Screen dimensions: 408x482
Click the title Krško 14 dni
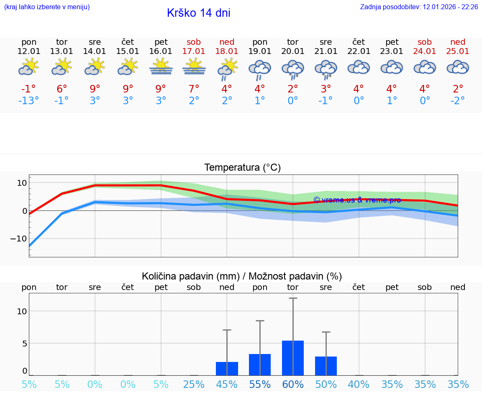click(x=198, y=13)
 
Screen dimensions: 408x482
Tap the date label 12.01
click(x=29, y=51)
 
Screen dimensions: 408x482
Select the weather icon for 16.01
click(x=161, y=67)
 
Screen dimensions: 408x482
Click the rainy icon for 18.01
click(x=227, y=69)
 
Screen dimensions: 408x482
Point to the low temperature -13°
click(x=28, y=101)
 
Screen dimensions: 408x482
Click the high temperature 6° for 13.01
click(x=62, y=89)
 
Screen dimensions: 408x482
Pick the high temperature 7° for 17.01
click(x=194, y=89)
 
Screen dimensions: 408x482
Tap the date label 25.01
click(x=458, y=51)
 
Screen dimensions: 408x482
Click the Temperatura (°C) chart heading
click(x=242, y=168)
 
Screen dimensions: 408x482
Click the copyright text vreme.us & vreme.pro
click(x=357, y=200)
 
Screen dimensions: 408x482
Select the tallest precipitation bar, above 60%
click(x=293, y=358)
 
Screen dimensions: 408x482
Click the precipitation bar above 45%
click(x=227, y=369)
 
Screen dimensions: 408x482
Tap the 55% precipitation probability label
click(x=260, y=384)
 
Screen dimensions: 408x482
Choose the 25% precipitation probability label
click(x=194, y=384)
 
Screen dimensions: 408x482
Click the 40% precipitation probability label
click(x=359, y=384)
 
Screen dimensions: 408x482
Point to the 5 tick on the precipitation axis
click(x=24, y=344)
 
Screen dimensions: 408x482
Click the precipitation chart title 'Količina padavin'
click(x=242, y=276)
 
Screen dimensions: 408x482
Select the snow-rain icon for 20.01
click(x=293, y=69)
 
